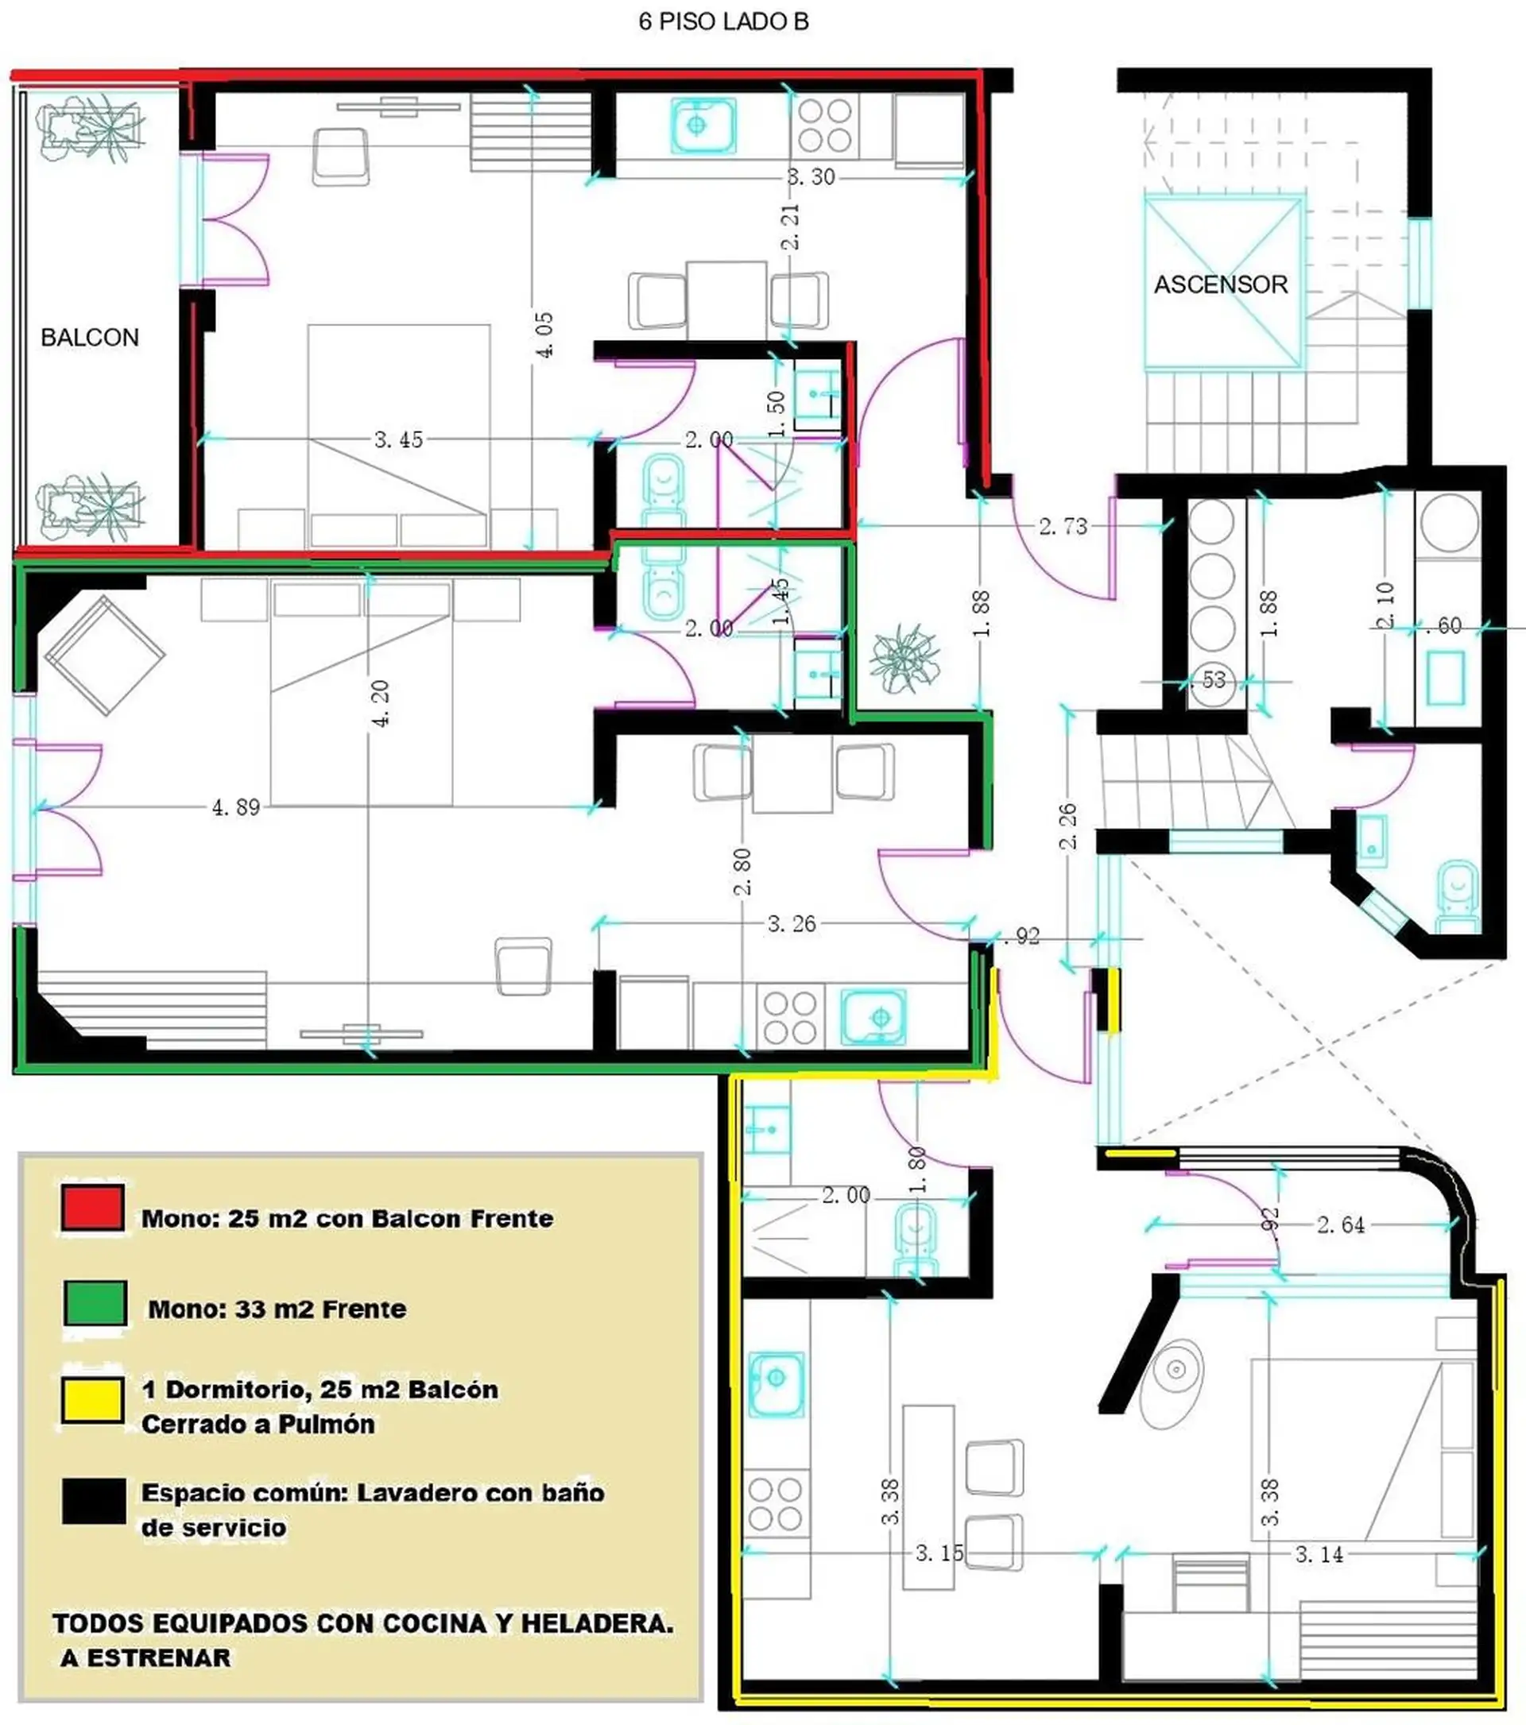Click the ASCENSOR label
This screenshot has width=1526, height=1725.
point(1221,284)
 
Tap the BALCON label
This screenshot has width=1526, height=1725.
point(90,338)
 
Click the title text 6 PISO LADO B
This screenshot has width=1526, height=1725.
point(723,22)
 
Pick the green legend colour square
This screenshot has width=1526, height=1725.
point(95,1303)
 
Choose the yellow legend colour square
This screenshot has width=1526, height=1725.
point(93,1400)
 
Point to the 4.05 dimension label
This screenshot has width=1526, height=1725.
point(544,335)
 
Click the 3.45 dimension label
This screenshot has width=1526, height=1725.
point(398,439)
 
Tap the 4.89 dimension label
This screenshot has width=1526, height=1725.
point(235,807)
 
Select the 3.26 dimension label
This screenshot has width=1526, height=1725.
point(792,924)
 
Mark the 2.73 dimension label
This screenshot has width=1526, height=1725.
point(1063,527)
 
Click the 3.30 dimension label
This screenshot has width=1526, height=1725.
point(811,177)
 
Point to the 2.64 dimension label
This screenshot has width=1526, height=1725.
point(1340,1224)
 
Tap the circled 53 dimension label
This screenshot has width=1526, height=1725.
point(1213,679)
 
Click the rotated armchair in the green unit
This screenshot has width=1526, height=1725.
point(105,656)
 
